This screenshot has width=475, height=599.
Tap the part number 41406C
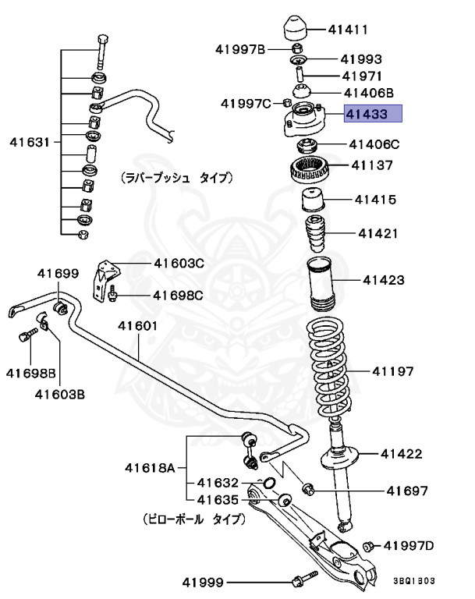coord(374,144)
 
